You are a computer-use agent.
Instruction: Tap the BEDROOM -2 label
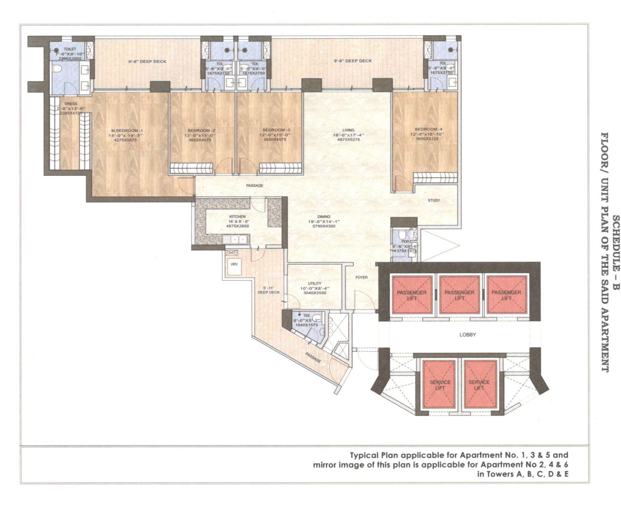click(x=201, y=131)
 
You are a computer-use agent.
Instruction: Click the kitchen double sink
click(x=238, y=239)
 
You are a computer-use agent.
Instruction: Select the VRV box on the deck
click(x=234, y=264)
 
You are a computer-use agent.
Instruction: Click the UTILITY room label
click(x=315, y=283)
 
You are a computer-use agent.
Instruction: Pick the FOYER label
click(x=362, y=277)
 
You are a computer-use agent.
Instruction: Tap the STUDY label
click(x=434, y=200)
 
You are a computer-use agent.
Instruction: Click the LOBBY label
click(x=467, y=335)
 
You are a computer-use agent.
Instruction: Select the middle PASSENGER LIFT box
click(x=459, y=295)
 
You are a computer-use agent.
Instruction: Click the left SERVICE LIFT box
click(x=440, y=385)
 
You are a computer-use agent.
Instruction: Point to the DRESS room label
click(x=71, y=103)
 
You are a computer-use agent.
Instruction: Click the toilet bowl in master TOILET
click(x=57, y=70)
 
